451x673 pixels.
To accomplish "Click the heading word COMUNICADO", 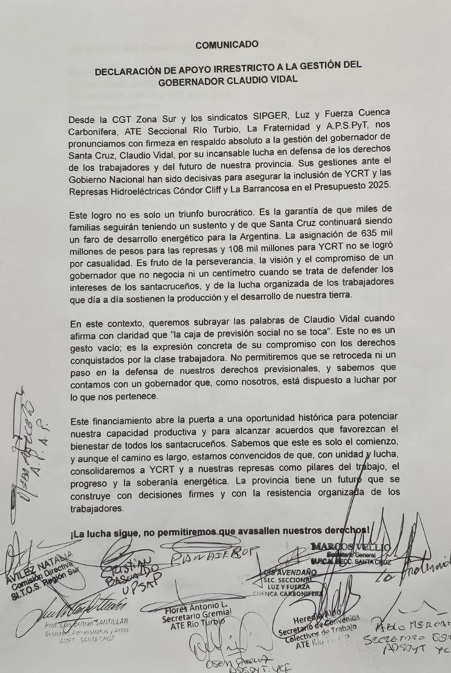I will tap(227, 45).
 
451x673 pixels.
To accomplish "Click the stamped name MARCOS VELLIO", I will tap(351, 547).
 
